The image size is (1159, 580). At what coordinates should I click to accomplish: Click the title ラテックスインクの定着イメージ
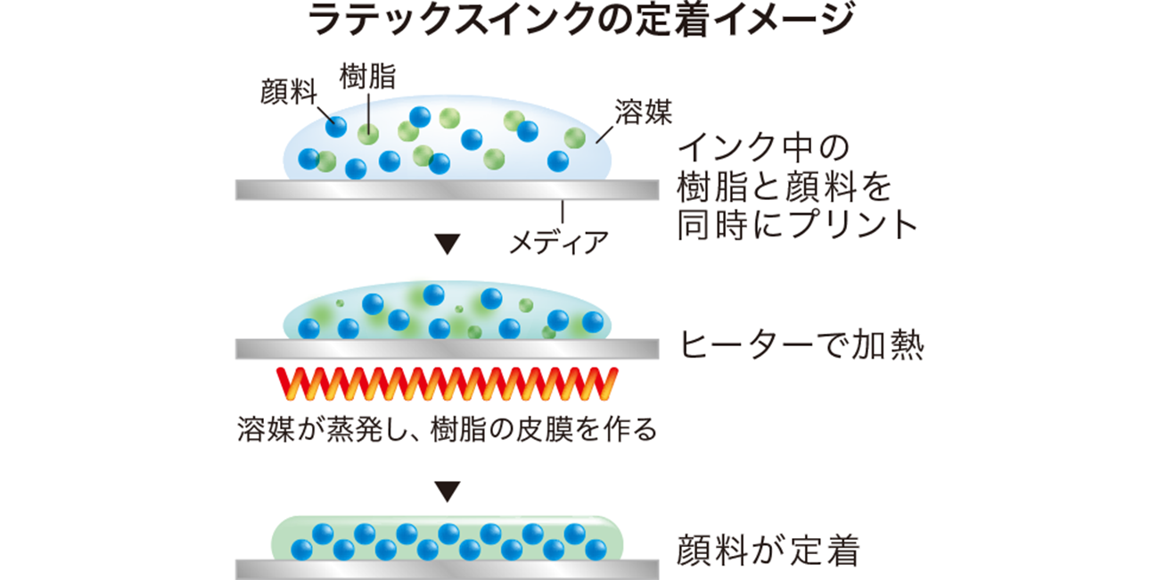pyautogui.click(x=579, y=21)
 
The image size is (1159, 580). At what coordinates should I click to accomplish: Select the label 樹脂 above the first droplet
pyautogui.click(x=367, y=76)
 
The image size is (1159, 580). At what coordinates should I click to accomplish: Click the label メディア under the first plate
pyautogui.click(x=559, y=241)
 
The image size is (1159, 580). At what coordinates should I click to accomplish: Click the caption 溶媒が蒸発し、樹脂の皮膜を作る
pyautogui.click(x=448, y=430)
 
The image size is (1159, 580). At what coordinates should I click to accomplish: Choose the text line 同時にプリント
pyautogui.click(x=797, y=224)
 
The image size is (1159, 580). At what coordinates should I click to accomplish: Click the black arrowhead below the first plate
pyautogui.click(x=448, y=244)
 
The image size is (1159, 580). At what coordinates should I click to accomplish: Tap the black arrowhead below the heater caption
pyautogui.click(x=448, y=490)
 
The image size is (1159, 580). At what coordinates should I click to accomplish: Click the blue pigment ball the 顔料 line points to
pyautogui.click(x=336, y=126)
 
